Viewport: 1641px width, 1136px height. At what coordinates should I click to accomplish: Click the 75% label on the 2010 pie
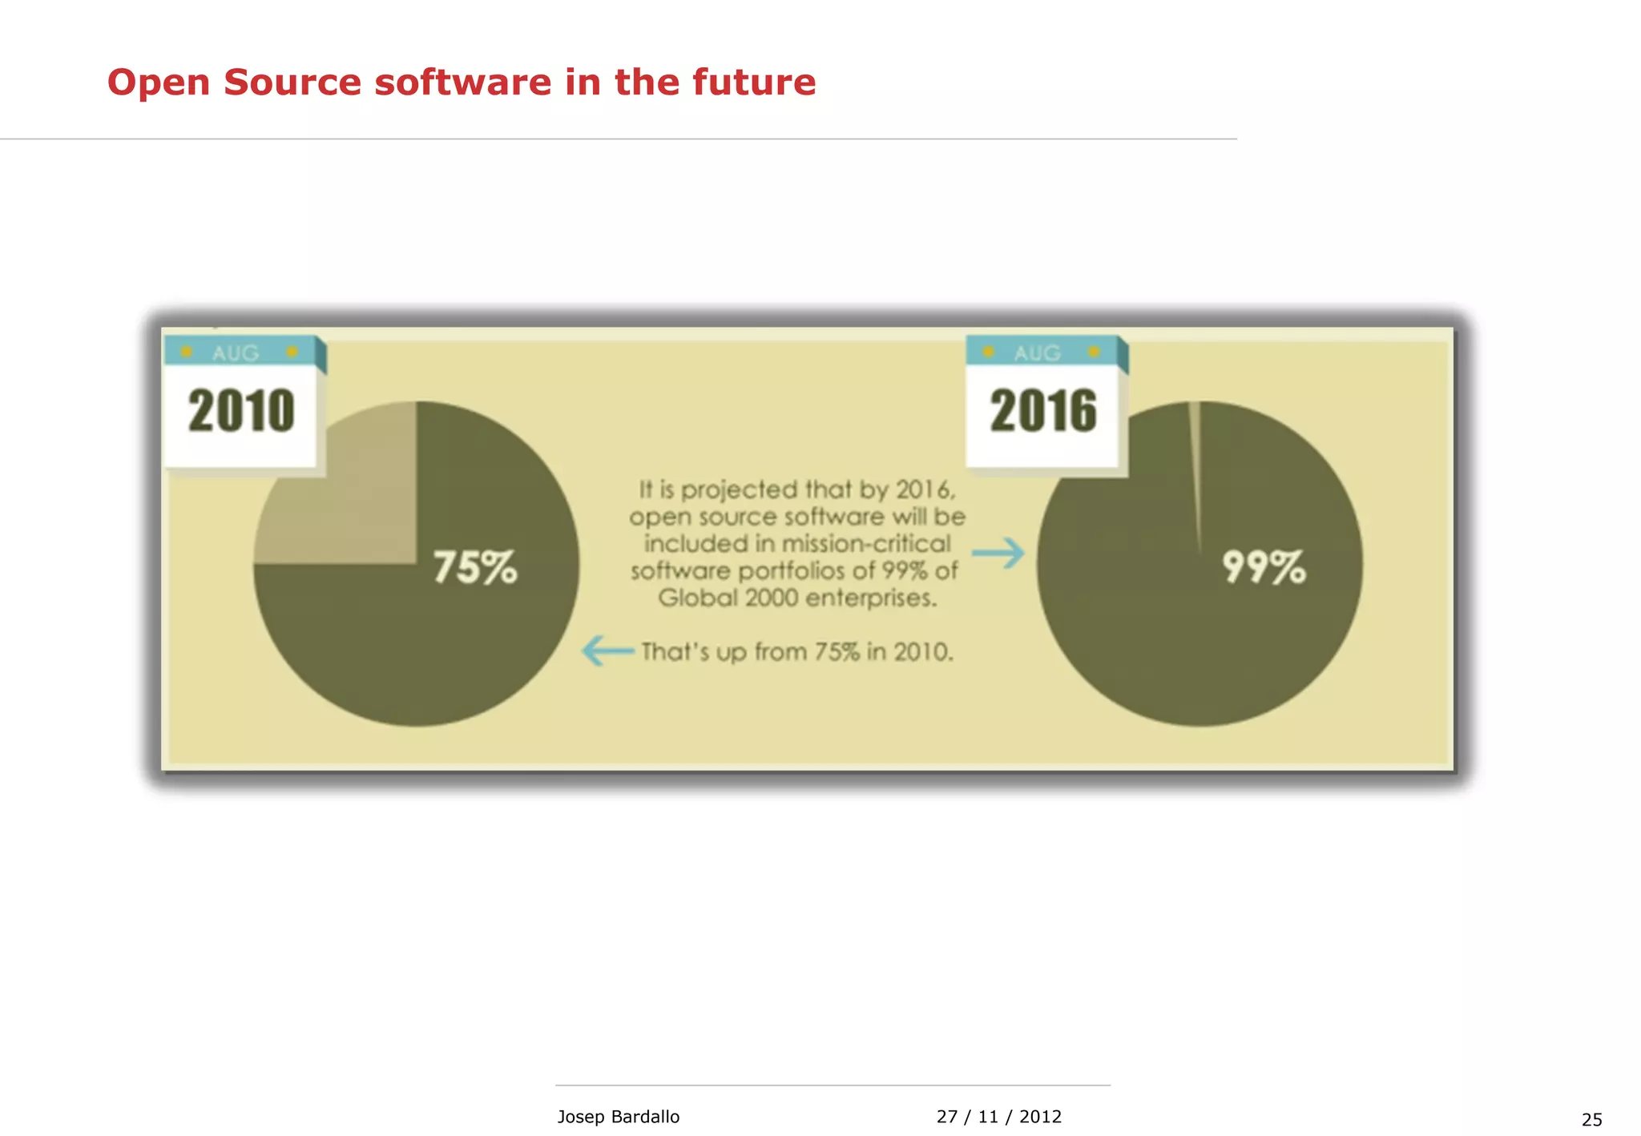click(475, 567)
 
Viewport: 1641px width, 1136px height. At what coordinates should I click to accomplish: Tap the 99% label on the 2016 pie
click(1264, 567)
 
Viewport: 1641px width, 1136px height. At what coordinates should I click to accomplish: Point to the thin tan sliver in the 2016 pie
click(1195, 465)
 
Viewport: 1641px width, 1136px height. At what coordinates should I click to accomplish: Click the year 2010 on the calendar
click(241, 411)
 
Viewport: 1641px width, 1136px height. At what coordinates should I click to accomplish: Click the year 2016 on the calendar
click(1043, 411)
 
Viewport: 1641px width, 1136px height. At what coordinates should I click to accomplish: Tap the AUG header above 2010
click(236, 352)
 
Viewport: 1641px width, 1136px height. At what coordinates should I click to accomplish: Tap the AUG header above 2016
click(1037, 352)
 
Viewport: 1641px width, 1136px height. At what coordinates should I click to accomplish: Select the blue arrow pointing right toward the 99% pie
click(998, 553)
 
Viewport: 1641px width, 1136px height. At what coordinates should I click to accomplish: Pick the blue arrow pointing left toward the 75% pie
click(607, 651)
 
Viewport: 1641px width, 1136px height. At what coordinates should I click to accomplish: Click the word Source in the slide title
click(292, 83)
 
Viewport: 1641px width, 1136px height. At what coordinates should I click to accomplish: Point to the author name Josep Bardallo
click(618, 1117)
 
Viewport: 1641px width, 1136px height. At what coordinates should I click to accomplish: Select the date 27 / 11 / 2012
click(998, 1117)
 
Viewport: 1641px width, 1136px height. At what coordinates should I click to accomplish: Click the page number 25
click(1591, 1120)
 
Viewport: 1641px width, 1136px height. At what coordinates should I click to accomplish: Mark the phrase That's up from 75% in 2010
click(797, 652)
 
